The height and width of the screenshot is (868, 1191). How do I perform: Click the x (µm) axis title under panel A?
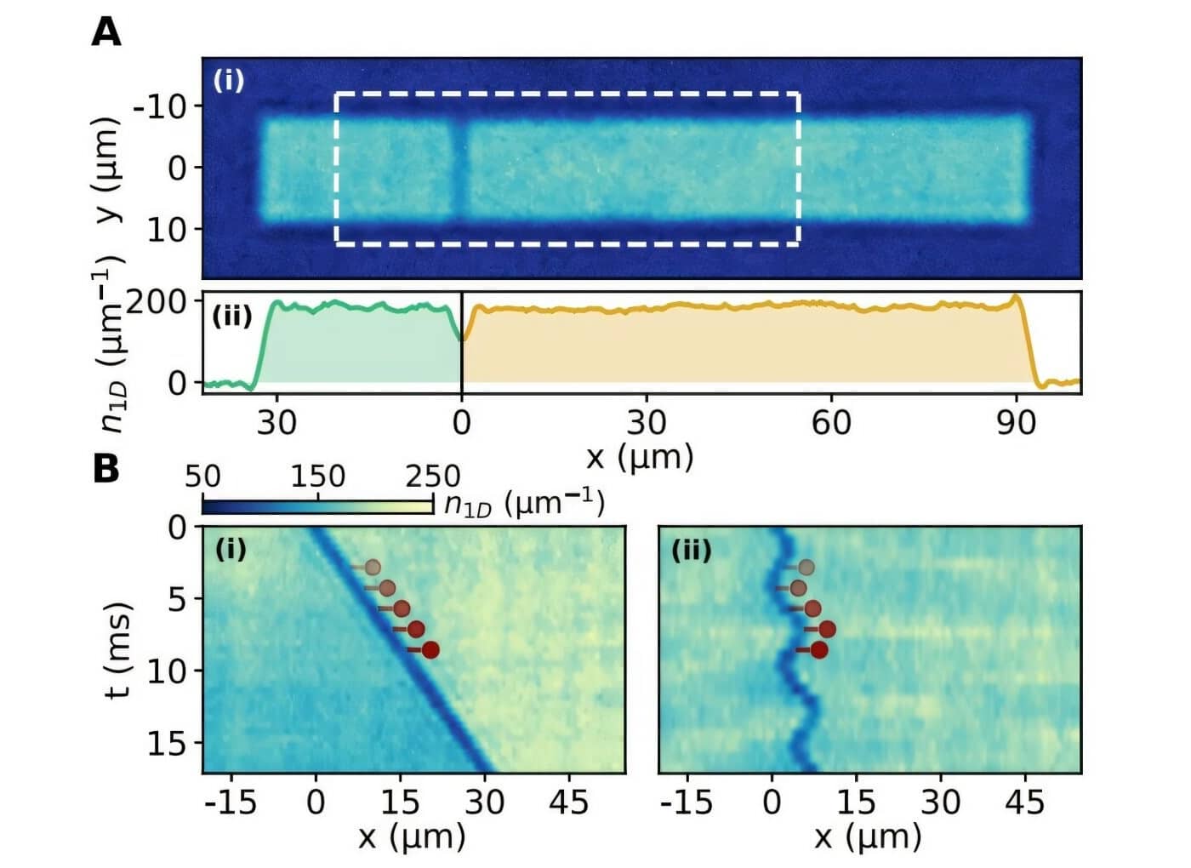(640, 457)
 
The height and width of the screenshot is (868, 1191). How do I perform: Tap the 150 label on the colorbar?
(317, 477)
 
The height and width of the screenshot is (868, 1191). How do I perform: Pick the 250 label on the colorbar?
(432, 477)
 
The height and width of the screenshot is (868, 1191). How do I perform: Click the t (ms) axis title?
(119, 650)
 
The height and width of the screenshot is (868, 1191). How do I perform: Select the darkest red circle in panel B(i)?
(430, 650)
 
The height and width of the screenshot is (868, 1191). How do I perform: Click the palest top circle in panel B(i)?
(372, 567)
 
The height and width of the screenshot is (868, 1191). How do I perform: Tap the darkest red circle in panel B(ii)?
(819, 650)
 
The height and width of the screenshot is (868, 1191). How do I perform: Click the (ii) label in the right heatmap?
(691, 551)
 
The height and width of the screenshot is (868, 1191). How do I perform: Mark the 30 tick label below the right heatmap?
(940, 802)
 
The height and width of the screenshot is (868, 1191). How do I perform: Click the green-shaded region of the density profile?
(357, 349)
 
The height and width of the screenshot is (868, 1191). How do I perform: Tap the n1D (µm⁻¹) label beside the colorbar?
(524, 504)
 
